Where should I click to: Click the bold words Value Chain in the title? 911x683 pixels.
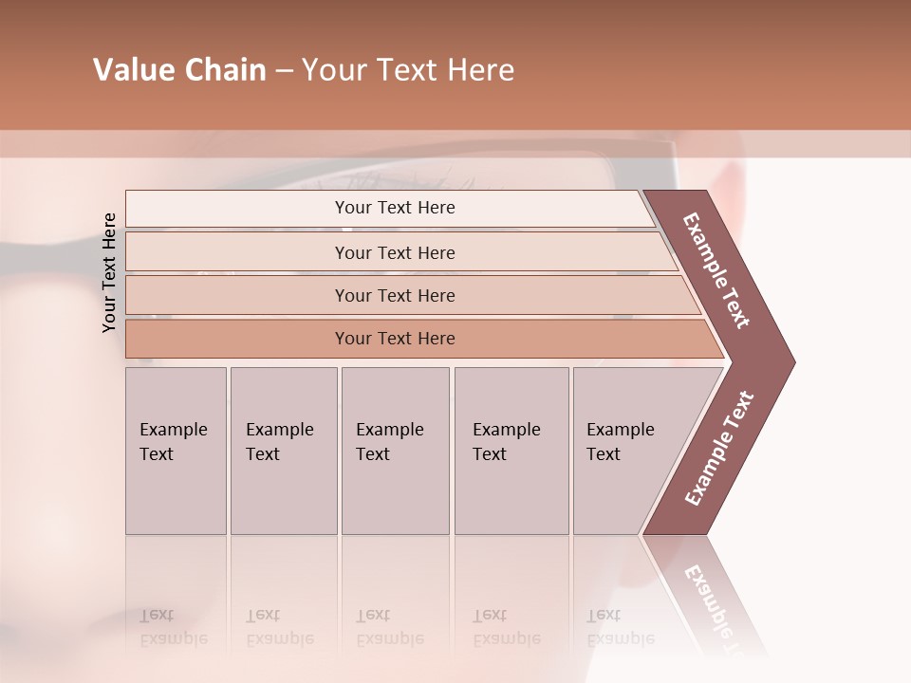[x=179, y=70]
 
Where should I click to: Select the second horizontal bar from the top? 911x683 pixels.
[x=395, y=252]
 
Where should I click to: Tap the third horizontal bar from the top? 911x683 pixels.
[x=395, y=295]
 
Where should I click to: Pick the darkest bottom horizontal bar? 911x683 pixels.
[x=395, y=339]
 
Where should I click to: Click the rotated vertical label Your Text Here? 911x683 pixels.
[x=109, y=272]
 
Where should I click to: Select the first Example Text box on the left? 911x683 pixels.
[x=176, y=451]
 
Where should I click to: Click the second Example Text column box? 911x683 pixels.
[x=283, y=451]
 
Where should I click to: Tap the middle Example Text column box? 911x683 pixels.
[x=395, y=451]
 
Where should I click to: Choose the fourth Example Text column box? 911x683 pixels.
[x=511, y=451]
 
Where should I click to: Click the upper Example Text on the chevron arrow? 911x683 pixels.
[x=716, y=270]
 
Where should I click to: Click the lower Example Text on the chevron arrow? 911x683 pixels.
[x=719, y=449]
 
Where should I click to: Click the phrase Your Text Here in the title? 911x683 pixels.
[x=408, y=70]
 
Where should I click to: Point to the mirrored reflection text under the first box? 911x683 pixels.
[x=173, y=627]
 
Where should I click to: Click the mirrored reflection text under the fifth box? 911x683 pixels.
[x=620, y=627]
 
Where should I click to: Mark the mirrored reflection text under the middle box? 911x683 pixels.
[x=389, y=627]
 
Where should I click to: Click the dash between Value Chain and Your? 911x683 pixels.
[x=284, y=71]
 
